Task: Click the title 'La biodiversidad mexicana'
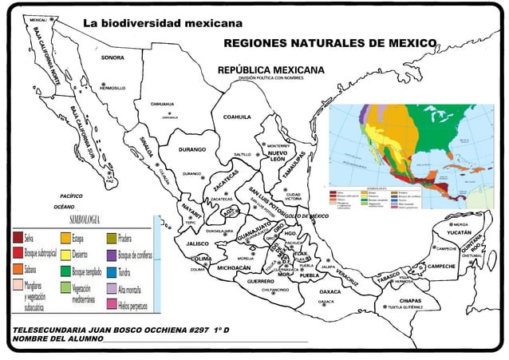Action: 163,22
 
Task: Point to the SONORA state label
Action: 111,58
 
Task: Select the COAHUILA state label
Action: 237,117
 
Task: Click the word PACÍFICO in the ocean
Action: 72,195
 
